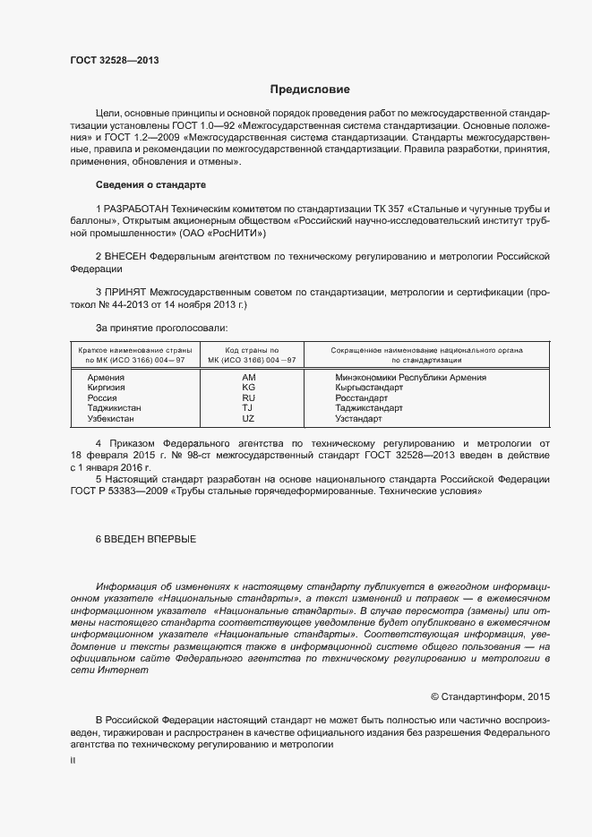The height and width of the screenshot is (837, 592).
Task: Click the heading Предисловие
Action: click(310, 90)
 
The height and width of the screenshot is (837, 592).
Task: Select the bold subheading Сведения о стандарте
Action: click(150, 184)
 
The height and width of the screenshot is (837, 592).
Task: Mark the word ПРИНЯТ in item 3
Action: click(126, 293)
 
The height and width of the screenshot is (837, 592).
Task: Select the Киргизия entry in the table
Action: click(107, 388)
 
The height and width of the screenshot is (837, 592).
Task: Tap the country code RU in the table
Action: click(249, 397)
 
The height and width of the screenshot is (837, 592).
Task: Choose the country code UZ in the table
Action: click(249, 418)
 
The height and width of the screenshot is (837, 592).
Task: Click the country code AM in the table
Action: click(249, 378)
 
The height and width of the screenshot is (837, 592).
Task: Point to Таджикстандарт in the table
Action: click(369, 408)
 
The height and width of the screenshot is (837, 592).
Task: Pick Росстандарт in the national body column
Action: click(361, 397)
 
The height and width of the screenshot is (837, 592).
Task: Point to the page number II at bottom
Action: click(73, 759)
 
